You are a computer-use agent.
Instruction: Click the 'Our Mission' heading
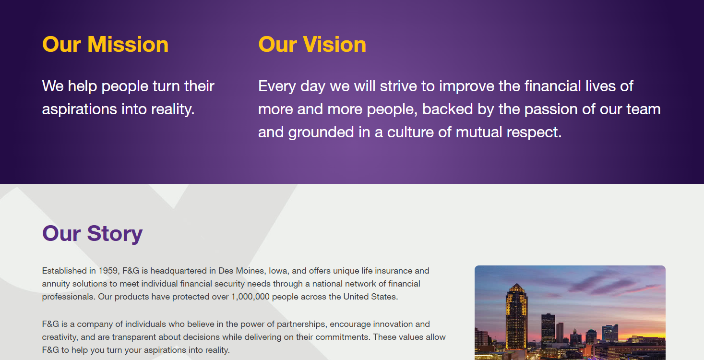[105, 44]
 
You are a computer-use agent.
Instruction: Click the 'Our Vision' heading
[312, 44]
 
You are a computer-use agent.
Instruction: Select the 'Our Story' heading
[93, 234]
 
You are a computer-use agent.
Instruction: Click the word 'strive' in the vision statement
[398, 86]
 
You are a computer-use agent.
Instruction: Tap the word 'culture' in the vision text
[410, 132]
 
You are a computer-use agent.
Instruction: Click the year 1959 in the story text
[108, 271]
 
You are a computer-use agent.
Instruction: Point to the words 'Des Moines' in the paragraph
[241, 271]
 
